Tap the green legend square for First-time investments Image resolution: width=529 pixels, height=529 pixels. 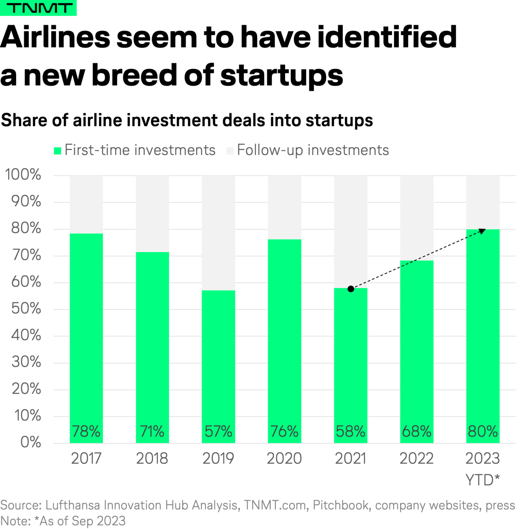pos(58,151)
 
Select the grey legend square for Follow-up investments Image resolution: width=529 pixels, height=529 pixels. pos(230,151)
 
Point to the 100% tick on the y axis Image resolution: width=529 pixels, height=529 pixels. pos(23,174)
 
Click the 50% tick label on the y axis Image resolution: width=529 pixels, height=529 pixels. pos(26,309)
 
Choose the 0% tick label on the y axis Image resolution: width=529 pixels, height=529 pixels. pos(30,442)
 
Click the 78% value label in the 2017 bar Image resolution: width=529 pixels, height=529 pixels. pos(86,431)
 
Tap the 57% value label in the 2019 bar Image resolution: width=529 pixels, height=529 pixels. pos(218,431)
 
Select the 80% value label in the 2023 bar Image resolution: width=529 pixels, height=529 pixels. pos(483,431)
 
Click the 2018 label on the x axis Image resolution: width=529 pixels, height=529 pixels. pos(152,458)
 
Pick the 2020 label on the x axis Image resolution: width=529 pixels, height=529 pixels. pos(284,458)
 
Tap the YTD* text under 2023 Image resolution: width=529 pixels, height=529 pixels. pos(483,480)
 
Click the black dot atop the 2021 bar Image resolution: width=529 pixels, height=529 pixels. pos(351,289)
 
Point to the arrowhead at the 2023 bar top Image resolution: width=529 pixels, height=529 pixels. pos(482,231)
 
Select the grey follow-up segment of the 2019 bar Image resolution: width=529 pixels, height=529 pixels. pos(218,231)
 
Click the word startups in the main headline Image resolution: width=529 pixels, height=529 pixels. pos(281,75)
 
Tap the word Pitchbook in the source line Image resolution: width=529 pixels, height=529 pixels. pos(341,505)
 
